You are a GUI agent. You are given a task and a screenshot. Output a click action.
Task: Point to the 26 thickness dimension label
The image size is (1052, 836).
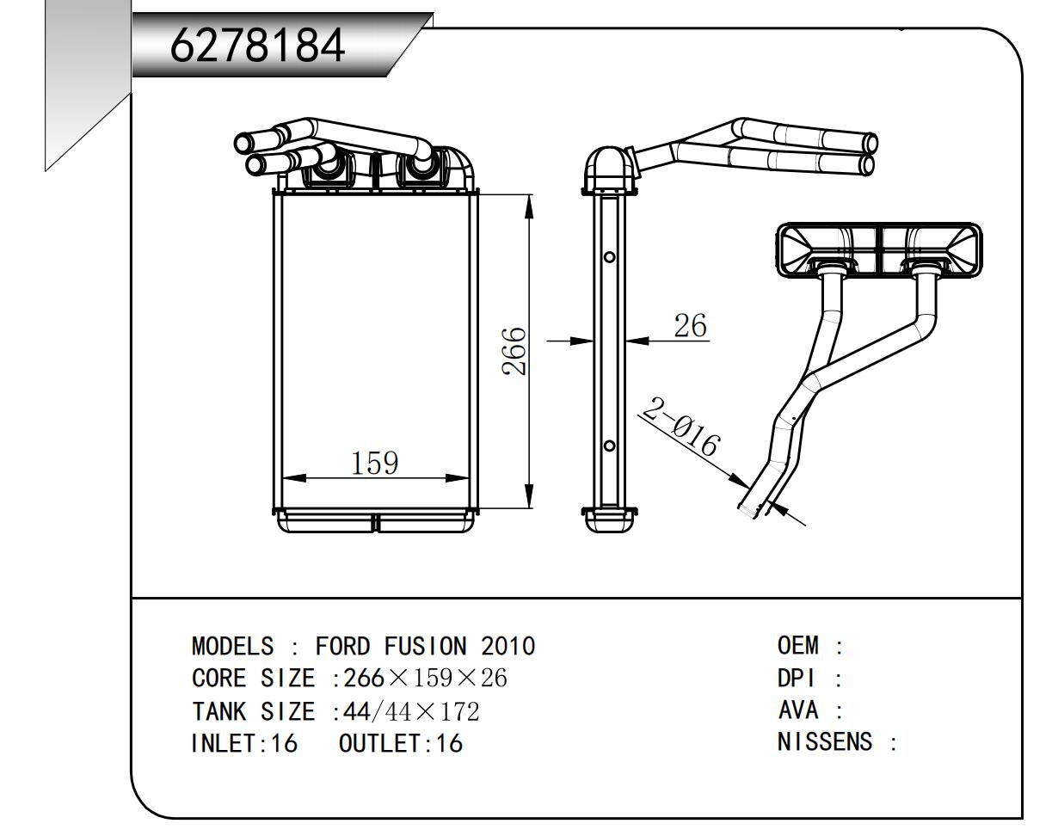point(690,326)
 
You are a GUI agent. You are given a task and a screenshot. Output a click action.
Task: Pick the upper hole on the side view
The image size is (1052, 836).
point(609,256)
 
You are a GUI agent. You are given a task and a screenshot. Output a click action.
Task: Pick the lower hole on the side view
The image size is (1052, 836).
point(609,446)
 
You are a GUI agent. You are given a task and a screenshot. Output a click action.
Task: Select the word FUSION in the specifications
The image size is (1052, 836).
point(421,646)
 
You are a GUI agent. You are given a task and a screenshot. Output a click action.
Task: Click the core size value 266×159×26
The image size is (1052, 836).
point(425,679)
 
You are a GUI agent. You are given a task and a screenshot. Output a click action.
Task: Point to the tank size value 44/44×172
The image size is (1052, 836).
point(411,711)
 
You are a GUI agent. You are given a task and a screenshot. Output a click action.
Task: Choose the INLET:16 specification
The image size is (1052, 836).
point(243,744)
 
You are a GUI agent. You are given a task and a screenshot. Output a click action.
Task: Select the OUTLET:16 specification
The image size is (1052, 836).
point(400,744)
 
